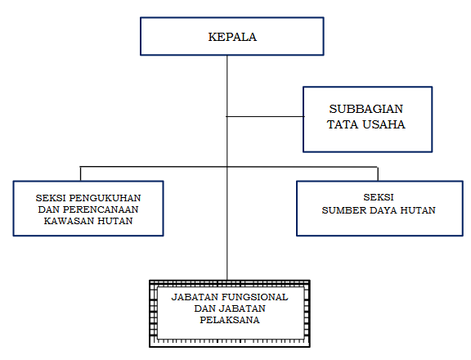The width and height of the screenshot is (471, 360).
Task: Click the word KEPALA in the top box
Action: [232, 37]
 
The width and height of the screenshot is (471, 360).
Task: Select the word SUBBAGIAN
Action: [366, 109]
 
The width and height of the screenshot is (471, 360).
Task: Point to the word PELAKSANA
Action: [230, 320]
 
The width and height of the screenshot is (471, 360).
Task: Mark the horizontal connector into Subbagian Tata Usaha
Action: [265, 116]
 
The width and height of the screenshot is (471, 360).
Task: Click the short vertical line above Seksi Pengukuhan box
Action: [80, 173]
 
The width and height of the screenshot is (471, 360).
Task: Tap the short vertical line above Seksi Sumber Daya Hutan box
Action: [378, 174]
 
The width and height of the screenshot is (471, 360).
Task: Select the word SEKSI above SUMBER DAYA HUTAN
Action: [379, 197]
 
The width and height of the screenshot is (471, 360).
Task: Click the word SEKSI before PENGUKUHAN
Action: [51, 198]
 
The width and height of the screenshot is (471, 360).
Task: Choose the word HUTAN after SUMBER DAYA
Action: [418, 210]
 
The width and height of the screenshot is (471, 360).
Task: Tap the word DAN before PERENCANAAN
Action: [49, 209]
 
